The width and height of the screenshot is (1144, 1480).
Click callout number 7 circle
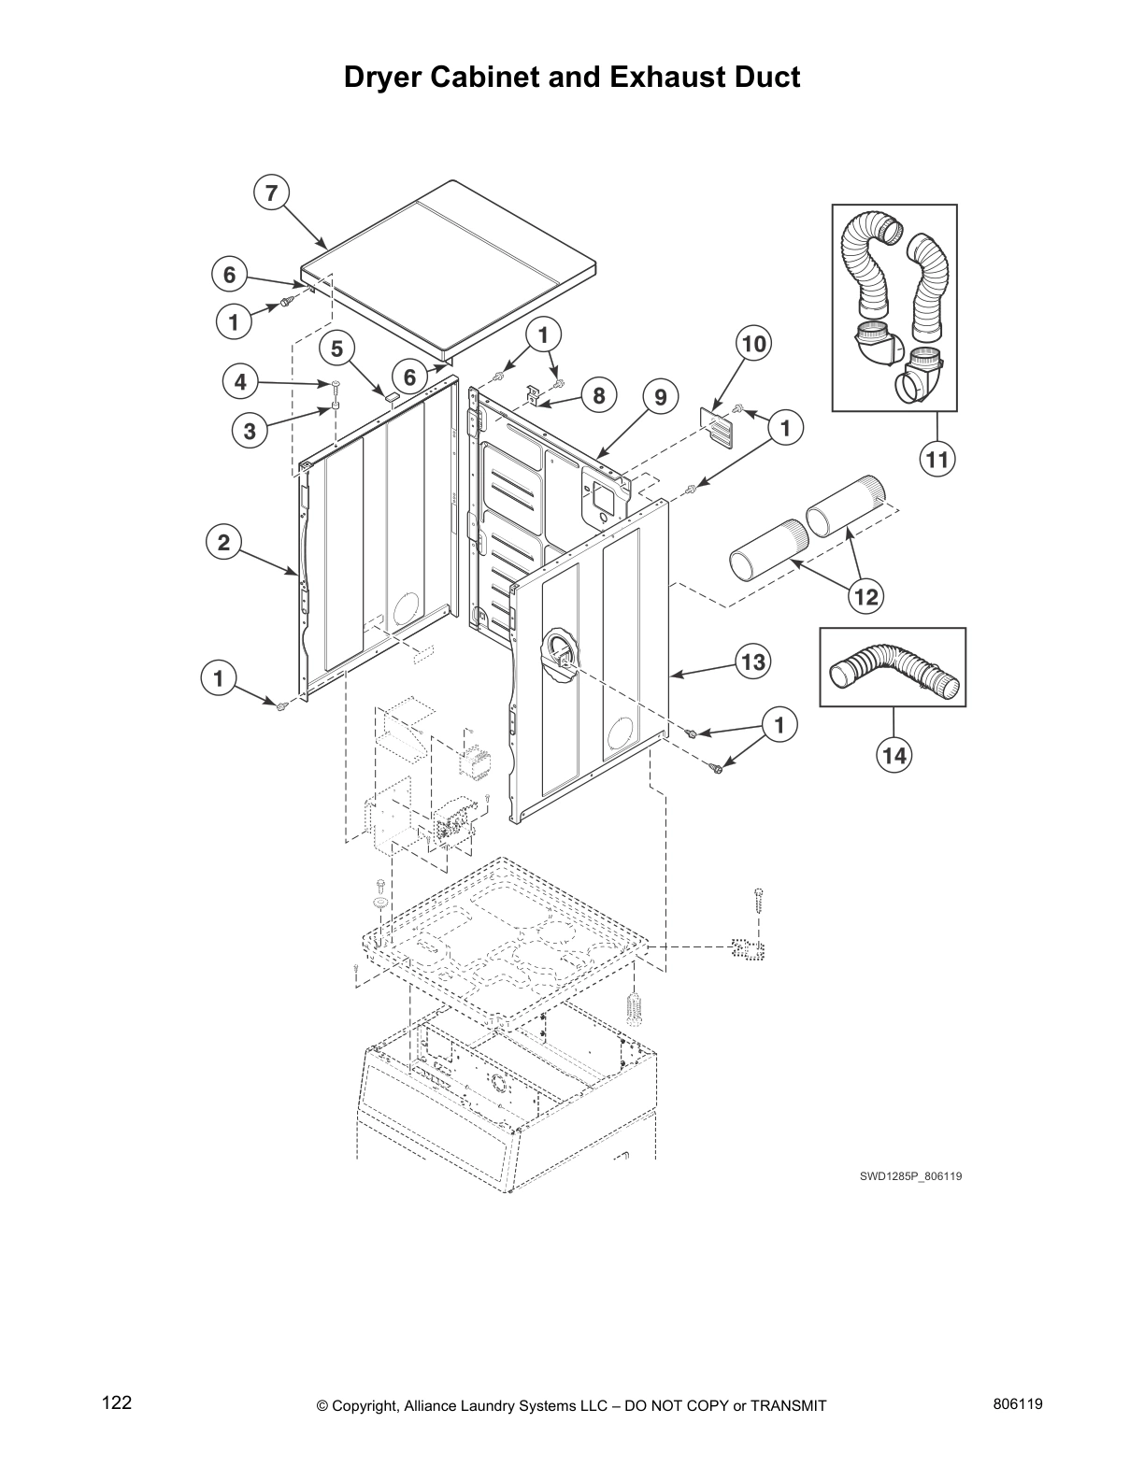coord(271,193)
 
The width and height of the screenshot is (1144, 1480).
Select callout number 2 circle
coord(224,543)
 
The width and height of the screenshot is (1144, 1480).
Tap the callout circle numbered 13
coord(753,662)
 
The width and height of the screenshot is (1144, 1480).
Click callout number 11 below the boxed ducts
coord(937,459)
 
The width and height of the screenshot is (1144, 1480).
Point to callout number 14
coord(894,755)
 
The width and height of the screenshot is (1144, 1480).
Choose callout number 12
coord(866,595)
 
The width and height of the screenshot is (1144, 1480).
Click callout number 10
coord(753,344)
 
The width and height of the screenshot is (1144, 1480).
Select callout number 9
coord(660,397)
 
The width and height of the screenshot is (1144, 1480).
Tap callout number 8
coord(598,395)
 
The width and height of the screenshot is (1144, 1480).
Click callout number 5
coord(337,349)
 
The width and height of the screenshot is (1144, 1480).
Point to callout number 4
coord(240,381)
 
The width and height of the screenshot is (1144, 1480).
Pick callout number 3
coord(249,431)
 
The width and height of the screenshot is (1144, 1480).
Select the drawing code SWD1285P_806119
coord(910,1176)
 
